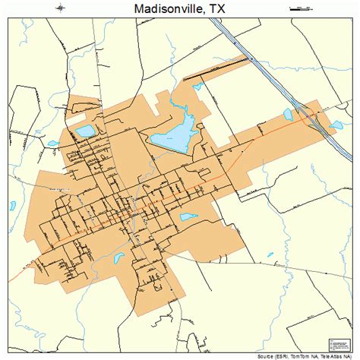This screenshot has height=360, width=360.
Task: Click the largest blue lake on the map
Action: point(172,138)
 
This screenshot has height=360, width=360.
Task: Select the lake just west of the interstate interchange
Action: point(289,117)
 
